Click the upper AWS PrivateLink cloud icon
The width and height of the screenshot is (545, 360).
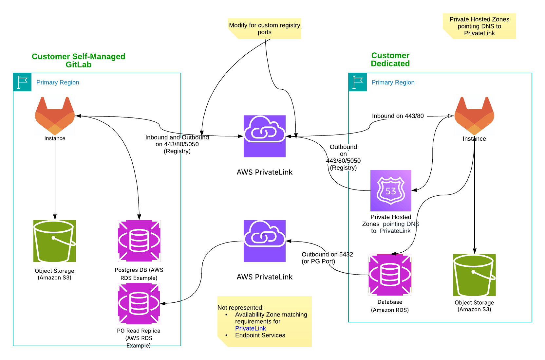pyautogui.click(x=264, y=136)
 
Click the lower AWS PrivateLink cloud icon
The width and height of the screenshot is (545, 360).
pyautogui.click(x=264, y=241)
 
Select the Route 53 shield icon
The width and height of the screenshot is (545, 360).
pyautogui.click(x=391, y=191)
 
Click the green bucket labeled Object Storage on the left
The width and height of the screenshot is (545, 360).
pyautogui.click(x=55, y=241)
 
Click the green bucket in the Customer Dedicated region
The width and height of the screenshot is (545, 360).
pyautogui.click(x=474, y=275)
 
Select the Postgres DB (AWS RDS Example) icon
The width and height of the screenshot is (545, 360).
pyautogui.click(x=139, y=241)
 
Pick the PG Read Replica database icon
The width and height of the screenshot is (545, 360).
pyautogui.click(x=139, y=303)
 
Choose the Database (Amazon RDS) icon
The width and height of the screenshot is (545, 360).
pyautogui.click(x=390, y=275)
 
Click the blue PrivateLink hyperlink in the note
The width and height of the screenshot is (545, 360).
pyautogui.click(x=251, y=328)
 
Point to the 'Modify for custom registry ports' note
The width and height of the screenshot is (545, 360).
pyautogui.click(x=264, y=28)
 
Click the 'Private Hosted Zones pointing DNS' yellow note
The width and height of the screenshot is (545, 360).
pyautogui.click(x=479, y=26)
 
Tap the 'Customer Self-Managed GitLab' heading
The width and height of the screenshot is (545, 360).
pyautogui.click(x=78, y=60)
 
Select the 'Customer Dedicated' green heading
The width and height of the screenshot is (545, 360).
pyautogui.click(x=390, y=59)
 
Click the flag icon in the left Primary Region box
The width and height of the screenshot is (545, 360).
pyautogui.click(x=22, y=82)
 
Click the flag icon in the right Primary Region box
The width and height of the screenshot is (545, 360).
pyautogui.click(x=358, y=82)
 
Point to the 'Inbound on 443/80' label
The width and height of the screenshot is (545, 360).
pyautogui.click(x=398, y=116)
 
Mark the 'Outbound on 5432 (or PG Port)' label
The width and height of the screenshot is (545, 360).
pyautogui.click(x=327, y=258)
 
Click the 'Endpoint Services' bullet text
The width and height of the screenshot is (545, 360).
pyautogui.click(x=260, y=335)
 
